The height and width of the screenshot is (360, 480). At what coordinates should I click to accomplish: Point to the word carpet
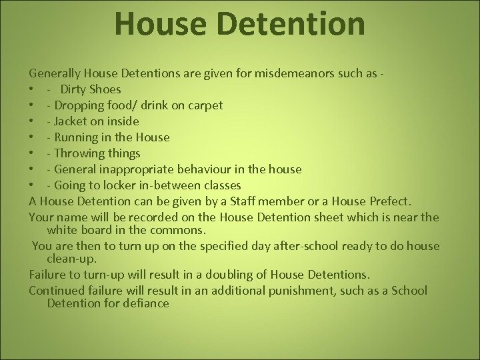(203, 106)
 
